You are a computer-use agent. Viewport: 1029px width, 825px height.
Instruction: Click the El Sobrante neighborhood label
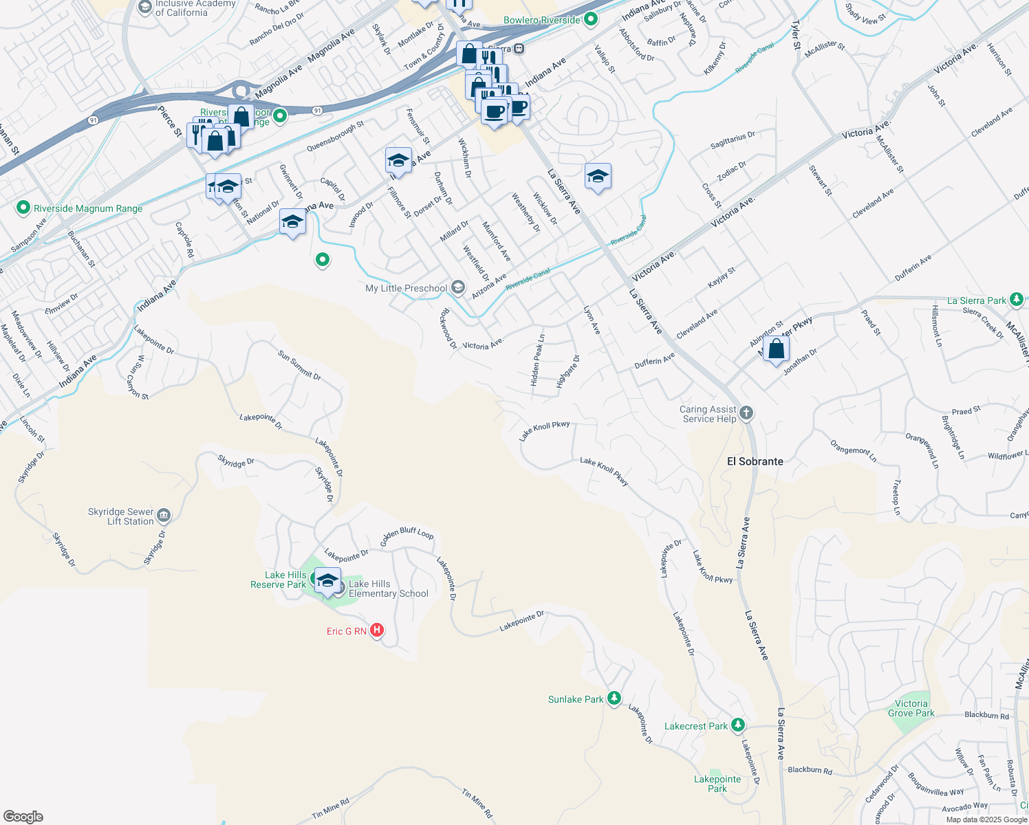[x=755, y=461]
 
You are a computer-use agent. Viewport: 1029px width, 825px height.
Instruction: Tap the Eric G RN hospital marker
[x=377, y=630]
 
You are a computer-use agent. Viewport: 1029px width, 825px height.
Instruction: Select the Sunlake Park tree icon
[x=614, y=698]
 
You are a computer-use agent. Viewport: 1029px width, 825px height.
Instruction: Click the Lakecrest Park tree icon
[x=738, y=725]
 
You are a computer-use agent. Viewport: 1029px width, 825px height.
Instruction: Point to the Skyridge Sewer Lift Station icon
[x=164, y=516]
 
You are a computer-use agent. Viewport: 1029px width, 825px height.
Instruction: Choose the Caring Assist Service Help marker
[x=746, y=413]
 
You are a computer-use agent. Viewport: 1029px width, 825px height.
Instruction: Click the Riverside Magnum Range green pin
[x=23, y=208]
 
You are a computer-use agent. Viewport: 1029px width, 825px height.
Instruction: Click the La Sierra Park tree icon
[x=1017, y=300]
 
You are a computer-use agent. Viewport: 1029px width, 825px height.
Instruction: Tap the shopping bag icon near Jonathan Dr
[x=776, y=349]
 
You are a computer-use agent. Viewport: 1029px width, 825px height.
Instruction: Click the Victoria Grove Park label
[x=911, y=708]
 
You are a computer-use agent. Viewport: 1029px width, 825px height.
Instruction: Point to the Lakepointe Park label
[x=717, y=784]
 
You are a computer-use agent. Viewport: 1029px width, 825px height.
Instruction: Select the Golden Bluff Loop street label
[x=407, y=533]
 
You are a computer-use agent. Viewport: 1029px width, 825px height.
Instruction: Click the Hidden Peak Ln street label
[x=537, y=360]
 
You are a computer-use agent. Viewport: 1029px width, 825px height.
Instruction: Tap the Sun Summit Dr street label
[x=299, y=365]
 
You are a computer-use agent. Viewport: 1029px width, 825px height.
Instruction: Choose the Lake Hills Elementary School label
[x=388, y=588]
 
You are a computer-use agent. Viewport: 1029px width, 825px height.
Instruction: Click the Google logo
[x=23, y=816]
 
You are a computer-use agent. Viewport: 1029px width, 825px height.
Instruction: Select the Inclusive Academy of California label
[x=195, y=8]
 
